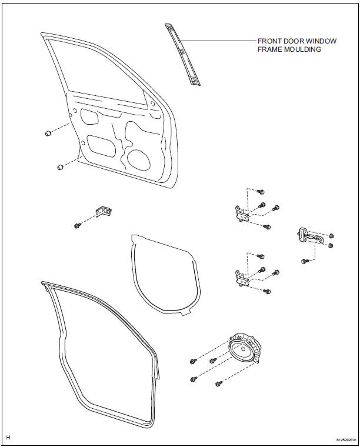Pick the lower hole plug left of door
tap(59, 168)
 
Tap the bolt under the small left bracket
tap(77, 225)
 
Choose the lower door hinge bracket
tap(242, 276)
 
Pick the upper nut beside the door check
tap(332, 235)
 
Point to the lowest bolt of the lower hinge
tap(266, 291)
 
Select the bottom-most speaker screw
tap(218, 383)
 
